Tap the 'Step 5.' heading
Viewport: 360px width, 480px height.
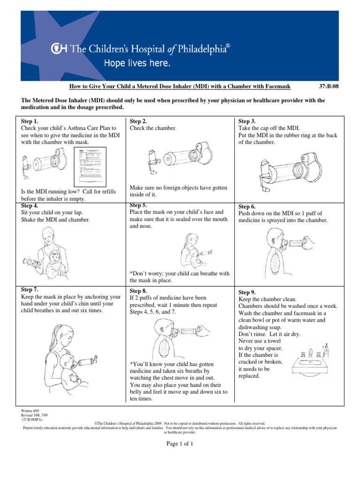[x=137, y=205]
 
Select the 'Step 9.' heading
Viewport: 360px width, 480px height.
[x=247, y=292]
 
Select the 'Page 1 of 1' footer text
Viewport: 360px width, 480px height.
[x=180, y=444]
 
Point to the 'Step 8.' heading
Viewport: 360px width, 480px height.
[x=138, y=291]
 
